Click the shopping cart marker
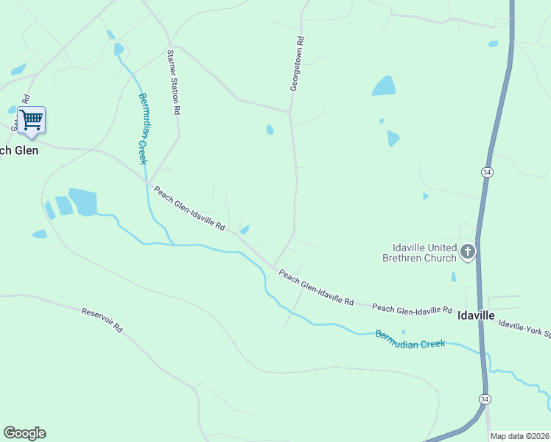coord(31,119)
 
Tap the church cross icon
coord(467,253)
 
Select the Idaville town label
coord(476,314)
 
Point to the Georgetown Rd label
coord(296,65)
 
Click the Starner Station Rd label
coord(174,82)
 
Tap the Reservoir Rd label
coord(102,320)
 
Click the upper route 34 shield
coord(487,172)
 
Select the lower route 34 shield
coord(484,399)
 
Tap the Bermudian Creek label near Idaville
coord(410,339)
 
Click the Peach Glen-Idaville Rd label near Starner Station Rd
coord(189,209)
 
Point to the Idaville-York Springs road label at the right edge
coord(524,329)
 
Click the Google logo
coord(24,433)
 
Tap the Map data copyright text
coord(519,436)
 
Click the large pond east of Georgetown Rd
coord(383,86)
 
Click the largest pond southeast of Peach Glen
coord(83,202)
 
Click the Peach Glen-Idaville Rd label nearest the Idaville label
coord(412,309)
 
